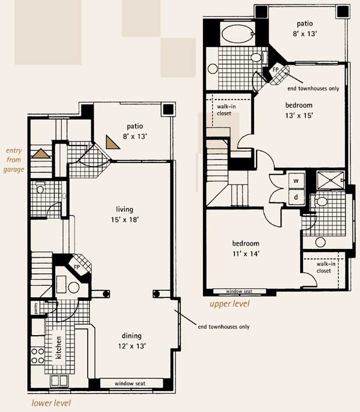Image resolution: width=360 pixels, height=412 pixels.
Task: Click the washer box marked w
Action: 297,180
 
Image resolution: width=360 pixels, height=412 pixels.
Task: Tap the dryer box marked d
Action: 297,197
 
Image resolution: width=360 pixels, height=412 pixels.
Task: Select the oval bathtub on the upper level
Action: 238,34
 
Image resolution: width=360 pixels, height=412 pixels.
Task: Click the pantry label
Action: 36,308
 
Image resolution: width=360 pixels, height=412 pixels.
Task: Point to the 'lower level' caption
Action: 51,403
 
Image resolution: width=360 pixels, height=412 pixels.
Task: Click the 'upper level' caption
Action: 230,304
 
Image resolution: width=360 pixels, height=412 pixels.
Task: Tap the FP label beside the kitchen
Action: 77,267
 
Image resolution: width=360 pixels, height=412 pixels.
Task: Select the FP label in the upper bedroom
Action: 276,70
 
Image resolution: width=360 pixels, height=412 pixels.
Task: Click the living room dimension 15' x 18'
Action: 124,219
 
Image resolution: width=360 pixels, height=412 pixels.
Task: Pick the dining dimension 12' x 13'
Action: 132,346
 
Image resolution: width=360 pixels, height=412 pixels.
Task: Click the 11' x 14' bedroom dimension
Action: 246,254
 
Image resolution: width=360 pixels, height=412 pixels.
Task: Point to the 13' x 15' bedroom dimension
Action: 299,116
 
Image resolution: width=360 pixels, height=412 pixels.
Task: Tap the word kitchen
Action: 59,347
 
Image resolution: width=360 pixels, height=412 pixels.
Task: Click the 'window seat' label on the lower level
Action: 130,383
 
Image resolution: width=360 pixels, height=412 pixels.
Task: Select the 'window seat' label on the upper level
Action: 239,292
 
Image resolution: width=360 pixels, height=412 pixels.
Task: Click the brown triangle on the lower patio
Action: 112,143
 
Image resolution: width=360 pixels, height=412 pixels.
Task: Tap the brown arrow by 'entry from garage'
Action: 41,154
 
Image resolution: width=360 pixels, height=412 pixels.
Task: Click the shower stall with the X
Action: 330,180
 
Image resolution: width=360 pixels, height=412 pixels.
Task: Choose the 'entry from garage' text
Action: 13,160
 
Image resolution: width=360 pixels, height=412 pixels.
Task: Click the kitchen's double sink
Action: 59,381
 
